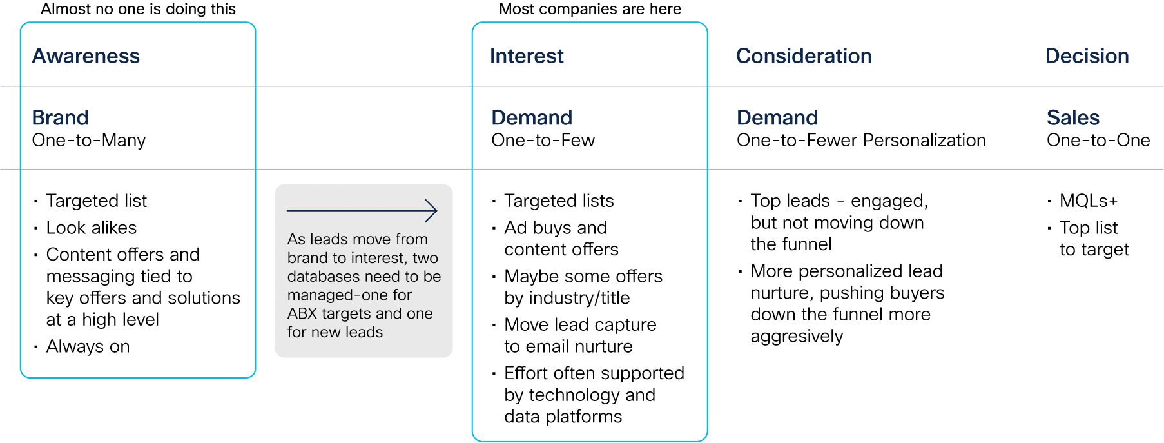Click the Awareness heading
[86, 56]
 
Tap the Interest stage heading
[527, 56]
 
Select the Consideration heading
[804, 56]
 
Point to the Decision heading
[1087, 56]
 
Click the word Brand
[61, 117]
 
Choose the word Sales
[1073, 117]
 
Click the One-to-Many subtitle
[89, 141]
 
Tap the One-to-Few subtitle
[543, 141]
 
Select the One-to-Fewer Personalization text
[861, 141]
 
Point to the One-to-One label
[1098, 141]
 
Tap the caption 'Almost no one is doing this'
[138, 9]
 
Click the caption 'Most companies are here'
[590, 9]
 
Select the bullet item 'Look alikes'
[92, 228]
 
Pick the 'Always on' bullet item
[88, 347]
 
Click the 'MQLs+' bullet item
[1089, 201]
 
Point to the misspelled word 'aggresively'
[797, 337]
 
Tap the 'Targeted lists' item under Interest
[559, 201]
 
